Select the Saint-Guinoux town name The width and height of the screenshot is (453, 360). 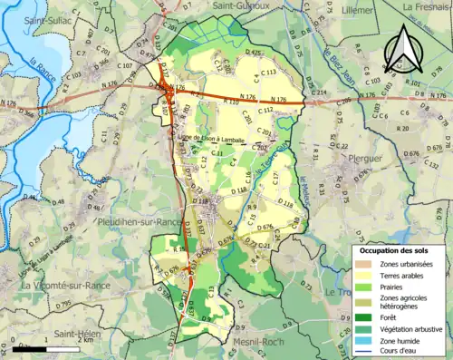point(241,5)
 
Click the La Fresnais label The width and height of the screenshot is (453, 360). point(427,5)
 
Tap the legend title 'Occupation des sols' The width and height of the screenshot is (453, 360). point(400,249)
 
